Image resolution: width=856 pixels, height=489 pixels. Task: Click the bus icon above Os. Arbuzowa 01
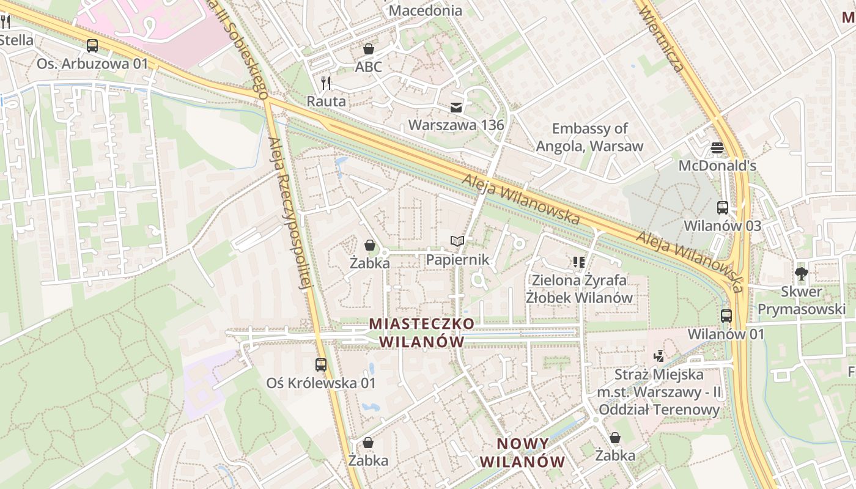pyautogui.click(x=92, y=45)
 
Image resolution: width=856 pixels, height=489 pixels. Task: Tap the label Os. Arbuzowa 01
pyautogui.click(x=92, y=64)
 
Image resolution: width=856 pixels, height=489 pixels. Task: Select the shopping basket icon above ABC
pyautogui.click(x=369, y=49)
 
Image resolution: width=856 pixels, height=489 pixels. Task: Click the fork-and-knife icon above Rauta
pyautogui.click(x=326, y=83)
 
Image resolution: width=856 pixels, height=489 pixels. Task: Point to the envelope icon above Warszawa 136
pyautogui.click(x=456, y=107)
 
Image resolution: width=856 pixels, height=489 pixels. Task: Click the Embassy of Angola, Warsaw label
pyautogui.click(x=589, y=137)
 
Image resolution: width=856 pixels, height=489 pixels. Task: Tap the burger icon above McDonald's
pyautogui.click(x=717, y=147)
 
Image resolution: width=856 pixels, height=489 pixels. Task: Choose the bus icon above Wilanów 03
pyautogui.click(x=723, y=207)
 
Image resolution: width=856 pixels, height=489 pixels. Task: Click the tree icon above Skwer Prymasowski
pyautogui.click(x=801, y=273)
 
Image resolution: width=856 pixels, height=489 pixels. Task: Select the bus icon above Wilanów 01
pyautogui.click(x=726, y=316)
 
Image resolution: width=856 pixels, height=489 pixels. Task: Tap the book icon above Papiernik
pyautogui.click(x=457, y=241)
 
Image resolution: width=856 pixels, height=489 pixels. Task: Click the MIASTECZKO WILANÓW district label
pyautogui.click(x=421, y=332)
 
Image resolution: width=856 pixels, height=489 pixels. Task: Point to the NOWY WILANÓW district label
pyautogui.click(x=523, y=452)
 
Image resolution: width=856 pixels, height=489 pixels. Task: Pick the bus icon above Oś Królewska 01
pyautogui.click(x=321, y=365)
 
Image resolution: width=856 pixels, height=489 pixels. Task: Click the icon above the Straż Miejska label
pyautogui.click(x=659, y=356)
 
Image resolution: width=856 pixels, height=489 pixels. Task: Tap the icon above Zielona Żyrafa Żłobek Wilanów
pyautogui.click(x=579, y=262)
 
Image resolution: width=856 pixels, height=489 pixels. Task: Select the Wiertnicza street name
pyautogui.click(x=662, y=37)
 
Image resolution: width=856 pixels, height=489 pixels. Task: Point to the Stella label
pyautogui.click(x=17, y=40)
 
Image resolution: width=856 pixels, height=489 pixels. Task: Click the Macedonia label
pyautogui.click(x=426, y=10)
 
